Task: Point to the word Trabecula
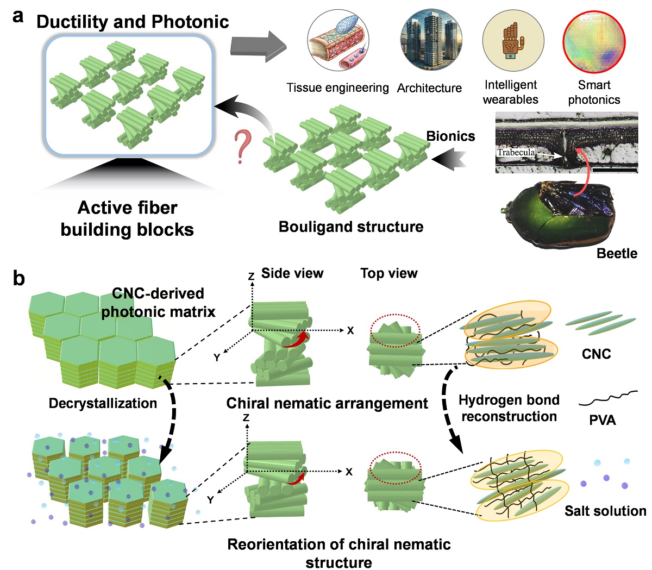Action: pos(516,153)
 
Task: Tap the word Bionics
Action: pos(450,136)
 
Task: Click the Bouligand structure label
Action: pos(351,227)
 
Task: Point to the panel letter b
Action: pos(19,279)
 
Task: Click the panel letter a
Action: pos(18,16)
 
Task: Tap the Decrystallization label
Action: pos(103,403)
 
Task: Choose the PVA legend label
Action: pos(603,421)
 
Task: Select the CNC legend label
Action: pos(596,354)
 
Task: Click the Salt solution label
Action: pos(605,511)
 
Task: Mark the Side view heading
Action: pos(292,273)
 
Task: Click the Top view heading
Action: pos(389,273)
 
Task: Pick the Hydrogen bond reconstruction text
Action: pos(509,409)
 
